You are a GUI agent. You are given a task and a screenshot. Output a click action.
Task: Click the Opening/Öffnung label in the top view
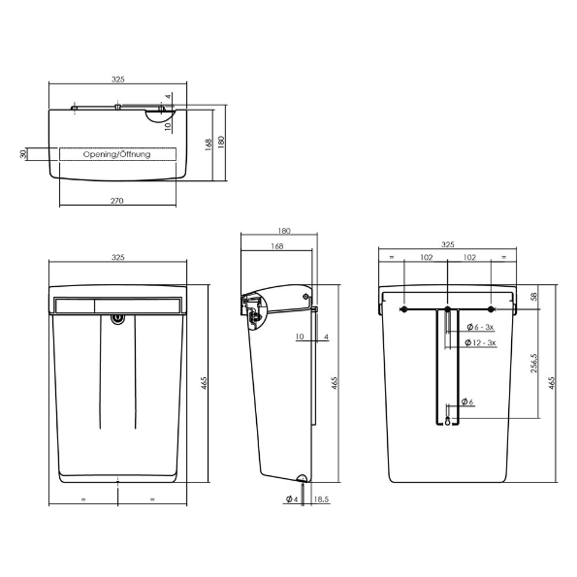(116, 154)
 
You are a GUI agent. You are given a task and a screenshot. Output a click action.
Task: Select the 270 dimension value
(117, 201)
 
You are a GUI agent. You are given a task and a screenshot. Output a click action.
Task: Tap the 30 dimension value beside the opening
(23, 154)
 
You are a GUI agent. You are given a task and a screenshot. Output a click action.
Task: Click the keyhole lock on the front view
(117, 319)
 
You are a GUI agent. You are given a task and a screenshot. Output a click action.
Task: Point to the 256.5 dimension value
(534, 364)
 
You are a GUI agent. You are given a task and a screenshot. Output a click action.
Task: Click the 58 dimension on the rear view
(534, 296)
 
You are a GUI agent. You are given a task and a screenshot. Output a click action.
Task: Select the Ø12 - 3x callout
(480, 342)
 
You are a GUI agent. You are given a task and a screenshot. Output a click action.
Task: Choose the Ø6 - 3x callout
(480, 327)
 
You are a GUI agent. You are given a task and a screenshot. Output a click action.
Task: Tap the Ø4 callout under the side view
(292, 499)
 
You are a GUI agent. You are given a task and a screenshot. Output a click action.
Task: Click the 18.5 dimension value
(321, 499)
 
